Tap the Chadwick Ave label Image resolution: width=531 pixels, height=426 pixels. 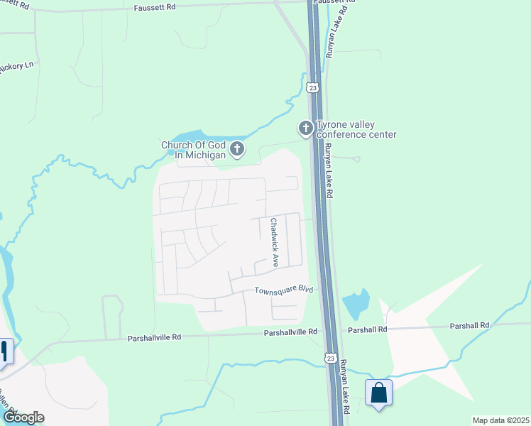tap(274, 241)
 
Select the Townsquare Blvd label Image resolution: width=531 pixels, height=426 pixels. tap(284, 290)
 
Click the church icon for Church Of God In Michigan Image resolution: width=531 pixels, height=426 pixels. tap(237, 149)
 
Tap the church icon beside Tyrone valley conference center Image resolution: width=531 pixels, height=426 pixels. tap(305, 129)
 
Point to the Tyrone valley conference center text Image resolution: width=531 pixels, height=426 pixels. tap(356, 129)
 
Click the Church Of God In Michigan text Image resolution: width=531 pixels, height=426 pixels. tap(193, 150)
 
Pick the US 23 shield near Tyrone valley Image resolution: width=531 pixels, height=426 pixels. tap(313, 87)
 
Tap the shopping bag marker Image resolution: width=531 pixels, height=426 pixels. tap(378, 393)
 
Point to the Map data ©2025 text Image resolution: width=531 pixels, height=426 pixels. tap(501, 420)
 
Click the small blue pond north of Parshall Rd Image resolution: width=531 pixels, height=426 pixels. tap(356, 305)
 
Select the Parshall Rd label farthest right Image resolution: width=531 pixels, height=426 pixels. tap(470, 325)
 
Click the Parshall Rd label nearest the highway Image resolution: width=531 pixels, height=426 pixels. tap(367, 330)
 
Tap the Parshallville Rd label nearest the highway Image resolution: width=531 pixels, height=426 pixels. tap(292, 332)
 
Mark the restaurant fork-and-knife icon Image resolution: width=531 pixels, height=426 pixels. tap(4, 351)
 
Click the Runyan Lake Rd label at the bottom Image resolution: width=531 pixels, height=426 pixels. tap(344, 386)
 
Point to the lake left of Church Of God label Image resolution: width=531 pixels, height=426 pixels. tap(183, 136)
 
